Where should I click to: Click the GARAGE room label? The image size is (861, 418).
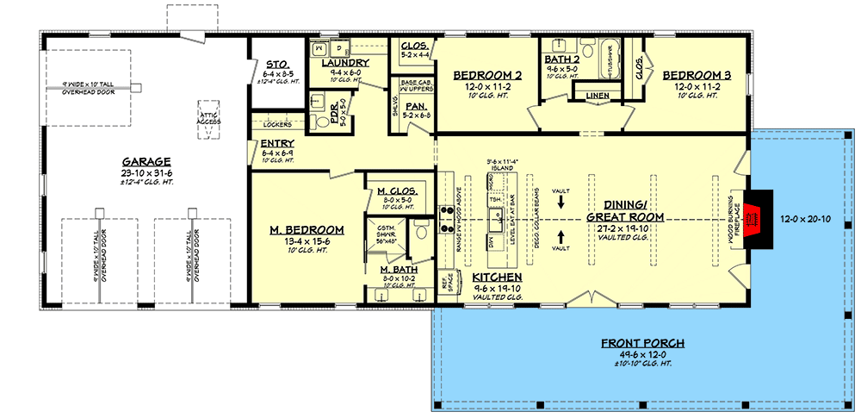click(146, 161)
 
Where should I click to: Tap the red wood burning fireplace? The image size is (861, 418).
click(752, 218)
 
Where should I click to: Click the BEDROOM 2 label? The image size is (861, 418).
click(487, 75)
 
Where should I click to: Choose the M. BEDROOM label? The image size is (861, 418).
click(307, 229)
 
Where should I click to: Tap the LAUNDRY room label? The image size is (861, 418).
click(345, 63)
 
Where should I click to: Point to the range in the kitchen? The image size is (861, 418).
click(448, 220)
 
